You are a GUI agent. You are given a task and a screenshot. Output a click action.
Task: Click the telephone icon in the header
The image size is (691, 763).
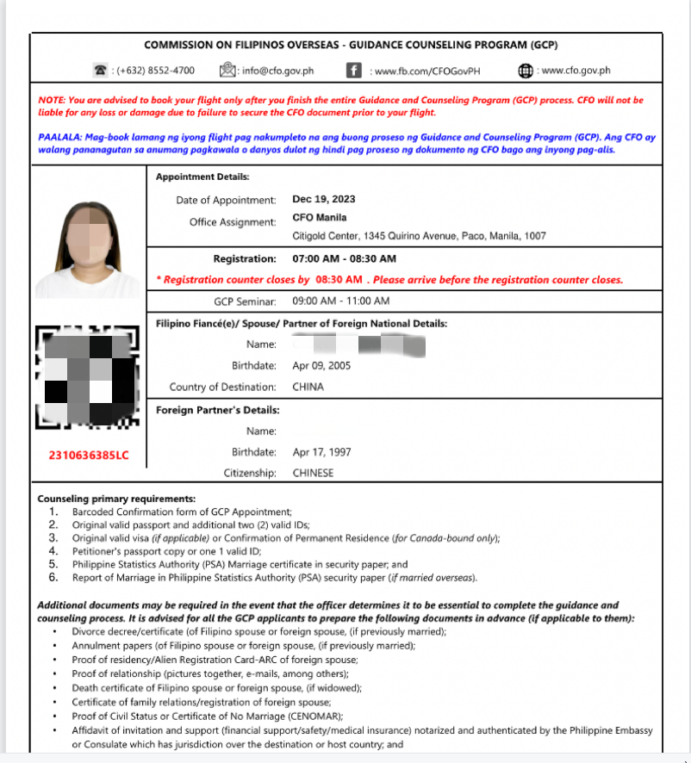101,70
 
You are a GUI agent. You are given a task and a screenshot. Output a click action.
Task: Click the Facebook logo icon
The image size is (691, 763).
353,71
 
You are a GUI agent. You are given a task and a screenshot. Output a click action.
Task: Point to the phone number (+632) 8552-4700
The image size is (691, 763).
154,71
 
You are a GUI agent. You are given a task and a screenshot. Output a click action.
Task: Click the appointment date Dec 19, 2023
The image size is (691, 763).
324,200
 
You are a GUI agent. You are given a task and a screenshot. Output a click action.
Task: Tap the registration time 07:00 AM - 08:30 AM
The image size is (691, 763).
345,258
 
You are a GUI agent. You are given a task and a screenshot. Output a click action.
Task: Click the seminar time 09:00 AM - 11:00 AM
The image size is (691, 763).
341,301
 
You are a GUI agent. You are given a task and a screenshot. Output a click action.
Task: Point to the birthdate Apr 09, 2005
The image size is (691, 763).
321,365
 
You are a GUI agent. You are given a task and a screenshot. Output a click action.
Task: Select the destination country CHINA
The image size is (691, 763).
308,387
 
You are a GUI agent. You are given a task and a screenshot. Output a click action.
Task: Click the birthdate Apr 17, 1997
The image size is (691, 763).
322,452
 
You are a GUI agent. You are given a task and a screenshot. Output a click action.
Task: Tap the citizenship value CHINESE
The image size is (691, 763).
313,473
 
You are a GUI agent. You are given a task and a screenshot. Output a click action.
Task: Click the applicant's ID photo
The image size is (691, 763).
86,247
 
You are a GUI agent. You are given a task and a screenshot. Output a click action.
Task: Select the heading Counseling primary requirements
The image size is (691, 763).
116,499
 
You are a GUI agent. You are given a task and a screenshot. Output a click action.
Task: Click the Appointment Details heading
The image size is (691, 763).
202,177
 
